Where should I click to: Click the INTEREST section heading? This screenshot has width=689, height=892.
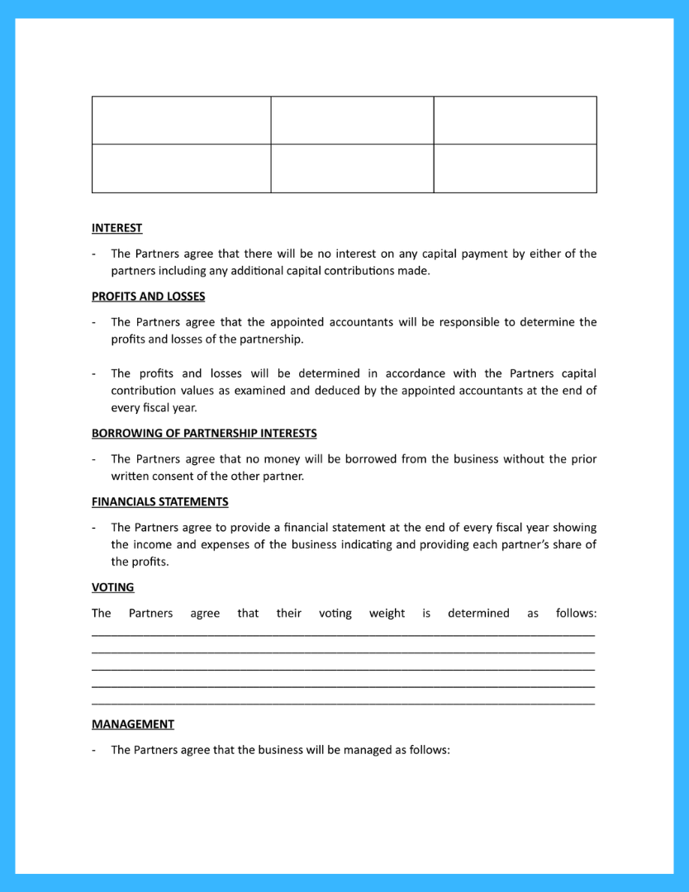click(116, 228)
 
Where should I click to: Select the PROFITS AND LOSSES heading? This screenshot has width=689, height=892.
click(148, 297)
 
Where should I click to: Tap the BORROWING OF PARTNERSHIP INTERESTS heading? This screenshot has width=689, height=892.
click(204, 434)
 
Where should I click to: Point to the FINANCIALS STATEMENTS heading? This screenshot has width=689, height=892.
click(159, 501)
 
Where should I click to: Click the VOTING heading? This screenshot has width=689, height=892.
click(112, 587)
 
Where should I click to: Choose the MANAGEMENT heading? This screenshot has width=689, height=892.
click(133, 724)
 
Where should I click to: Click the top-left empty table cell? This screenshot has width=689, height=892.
click(181, 121)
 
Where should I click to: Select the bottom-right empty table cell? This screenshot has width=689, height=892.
click(515, 168)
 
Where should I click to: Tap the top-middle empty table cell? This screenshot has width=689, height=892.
click(352, 121)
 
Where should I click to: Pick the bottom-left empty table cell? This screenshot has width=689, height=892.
click(181, 168)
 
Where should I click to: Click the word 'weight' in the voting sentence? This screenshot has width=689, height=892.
click(387, 614)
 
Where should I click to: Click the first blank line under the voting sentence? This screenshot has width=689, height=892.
click(343, 634)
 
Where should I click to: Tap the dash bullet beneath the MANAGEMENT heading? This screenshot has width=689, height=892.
click(94, 751)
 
